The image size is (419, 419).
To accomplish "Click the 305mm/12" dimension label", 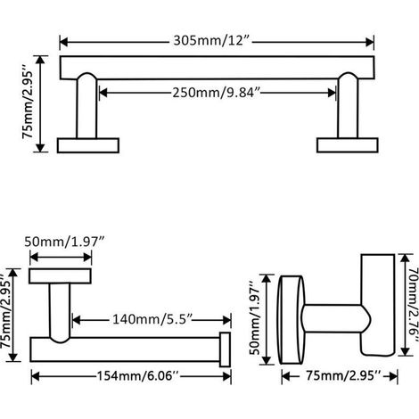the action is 210,40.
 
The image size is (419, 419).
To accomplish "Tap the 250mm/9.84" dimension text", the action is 216,93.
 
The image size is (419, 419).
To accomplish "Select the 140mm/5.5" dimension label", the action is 152,320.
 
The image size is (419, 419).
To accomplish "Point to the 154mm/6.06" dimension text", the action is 138,376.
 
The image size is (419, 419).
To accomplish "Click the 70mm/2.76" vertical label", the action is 413,304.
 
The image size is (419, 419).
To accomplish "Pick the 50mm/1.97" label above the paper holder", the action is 64,242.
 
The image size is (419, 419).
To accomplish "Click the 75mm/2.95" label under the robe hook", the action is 343,376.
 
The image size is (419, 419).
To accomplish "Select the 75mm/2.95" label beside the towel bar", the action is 29,104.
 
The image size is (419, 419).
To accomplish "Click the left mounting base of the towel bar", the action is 88,145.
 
